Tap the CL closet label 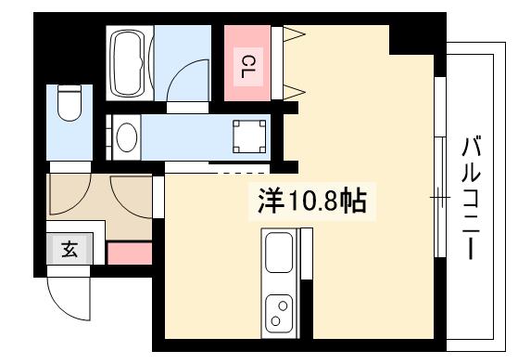click(x=248, y=66)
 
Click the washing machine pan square click(x=247, y=136)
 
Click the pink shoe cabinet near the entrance click(x=129, y=253)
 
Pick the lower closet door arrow click(x=294, y=91)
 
